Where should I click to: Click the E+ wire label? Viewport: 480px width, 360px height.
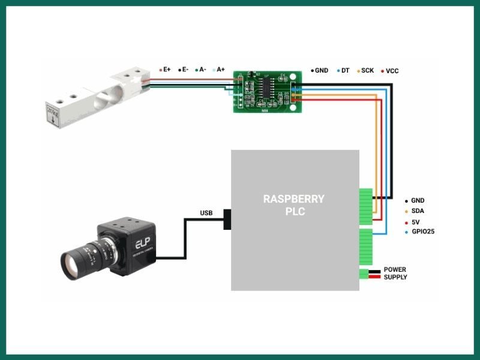point(166,70)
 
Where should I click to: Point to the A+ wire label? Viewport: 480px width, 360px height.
point(220,70)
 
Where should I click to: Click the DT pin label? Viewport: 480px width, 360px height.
point(345,70)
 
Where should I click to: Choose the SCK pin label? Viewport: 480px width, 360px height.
point(367,70)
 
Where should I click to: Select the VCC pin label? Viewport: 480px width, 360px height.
point(392,70)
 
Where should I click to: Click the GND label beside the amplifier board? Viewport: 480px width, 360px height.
point(322,70)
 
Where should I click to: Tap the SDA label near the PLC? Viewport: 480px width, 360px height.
point(418,211)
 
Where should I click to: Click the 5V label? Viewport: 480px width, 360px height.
point(415,221)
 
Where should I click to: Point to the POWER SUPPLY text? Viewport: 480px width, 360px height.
point(395,274)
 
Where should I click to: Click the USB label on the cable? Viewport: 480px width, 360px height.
point(206,213)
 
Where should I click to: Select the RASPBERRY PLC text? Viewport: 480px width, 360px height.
point(293,205)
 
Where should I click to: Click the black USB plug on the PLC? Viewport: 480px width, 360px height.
point(227,219)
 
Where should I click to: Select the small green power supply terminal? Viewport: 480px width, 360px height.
point(364,274)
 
